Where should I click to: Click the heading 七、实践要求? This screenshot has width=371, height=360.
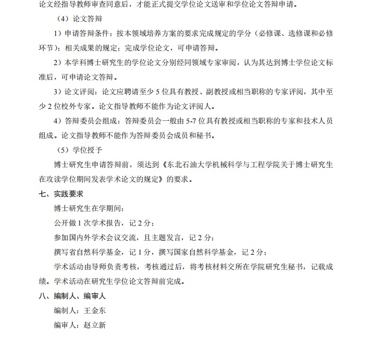tap(61, 194)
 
